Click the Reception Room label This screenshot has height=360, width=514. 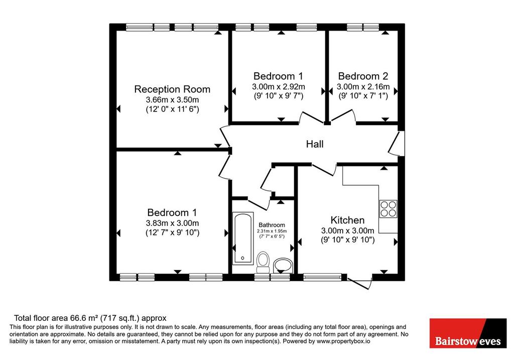[x=172, y=89]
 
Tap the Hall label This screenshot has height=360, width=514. [x=315, y=144]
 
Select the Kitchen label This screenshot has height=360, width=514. [x=347, y=220]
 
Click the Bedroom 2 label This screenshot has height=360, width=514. [x=363, y=76]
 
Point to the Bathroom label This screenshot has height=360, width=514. [x=272, y=225]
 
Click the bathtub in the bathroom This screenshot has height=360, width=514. [x=243, y=238]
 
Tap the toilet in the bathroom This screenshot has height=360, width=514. [x=263, y=262]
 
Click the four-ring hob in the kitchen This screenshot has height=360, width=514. [x=389, y=209]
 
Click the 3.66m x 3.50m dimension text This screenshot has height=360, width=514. [x=172, y=100]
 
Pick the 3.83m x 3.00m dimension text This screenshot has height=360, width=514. [x=172, y=223]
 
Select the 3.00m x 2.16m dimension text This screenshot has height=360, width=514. [x=363, y=87]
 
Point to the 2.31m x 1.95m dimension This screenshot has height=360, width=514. [x=272, y=231]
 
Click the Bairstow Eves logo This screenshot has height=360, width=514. [x=468, y=333]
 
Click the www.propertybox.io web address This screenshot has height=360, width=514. [x=343, y=341]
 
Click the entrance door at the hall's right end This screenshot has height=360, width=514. [x=396, y=143]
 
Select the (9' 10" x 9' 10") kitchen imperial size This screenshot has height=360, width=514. [x=347, y=239]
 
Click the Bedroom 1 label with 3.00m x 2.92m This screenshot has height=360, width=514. [x=278, y=76]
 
